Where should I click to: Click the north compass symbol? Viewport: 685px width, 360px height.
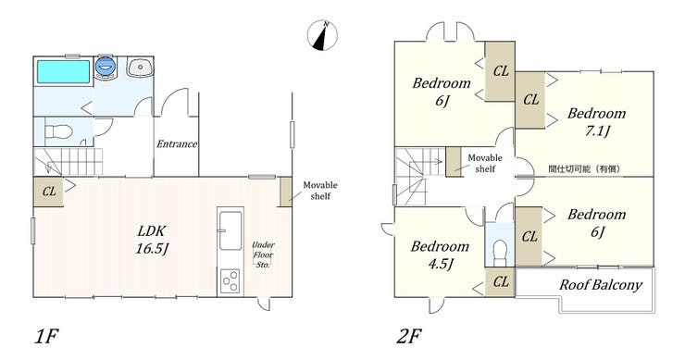(x=322, y=35)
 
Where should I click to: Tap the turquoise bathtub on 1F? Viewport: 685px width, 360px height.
(x=63, y=71)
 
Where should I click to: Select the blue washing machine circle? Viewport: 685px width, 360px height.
(x=105, y=67)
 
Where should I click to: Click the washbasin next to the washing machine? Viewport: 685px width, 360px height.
(x=140, y=68)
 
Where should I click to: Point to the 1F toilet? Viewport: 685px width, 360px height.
(x=58, y=131)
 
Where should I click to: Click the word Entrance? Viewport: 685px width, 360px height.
(x=177, y=143)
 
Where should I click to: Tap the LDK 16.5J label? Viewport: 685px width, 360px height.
(x=152, y=240)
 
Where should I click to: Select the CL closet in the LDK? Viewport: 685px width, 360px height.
(x=48, y=192)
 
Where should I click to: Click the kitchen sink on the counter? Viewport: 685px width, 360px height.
(x=230, y=230)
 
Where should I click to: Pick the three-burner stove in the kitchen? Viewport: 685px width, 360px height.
(x=230, y=281)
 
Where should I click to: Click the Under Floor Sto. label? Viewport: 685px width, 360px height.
(x=263, y=254)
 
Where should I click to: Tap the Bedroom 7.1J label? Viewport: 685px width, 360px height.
(x=597, y=122)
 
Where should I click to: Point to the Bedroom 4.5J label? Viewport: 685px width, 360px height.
(x=440, y=254)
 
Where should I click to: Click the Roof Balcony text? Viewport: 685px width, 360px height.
(x=601, y=285)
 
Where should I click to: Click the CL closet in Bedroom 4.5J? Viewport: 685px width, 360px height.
(x=500, y=282)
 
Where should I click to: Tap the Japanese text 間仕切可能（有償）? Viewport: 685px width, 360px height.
(x=584, y=168)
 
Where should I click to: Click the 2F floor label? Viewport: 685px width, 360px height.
(x=409, y=337)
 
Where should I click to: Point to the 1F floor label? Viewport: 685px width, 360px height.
(x=46, y=337)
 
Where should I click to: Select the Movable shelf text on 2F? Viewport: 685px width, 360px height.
(x=485, y=163)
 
